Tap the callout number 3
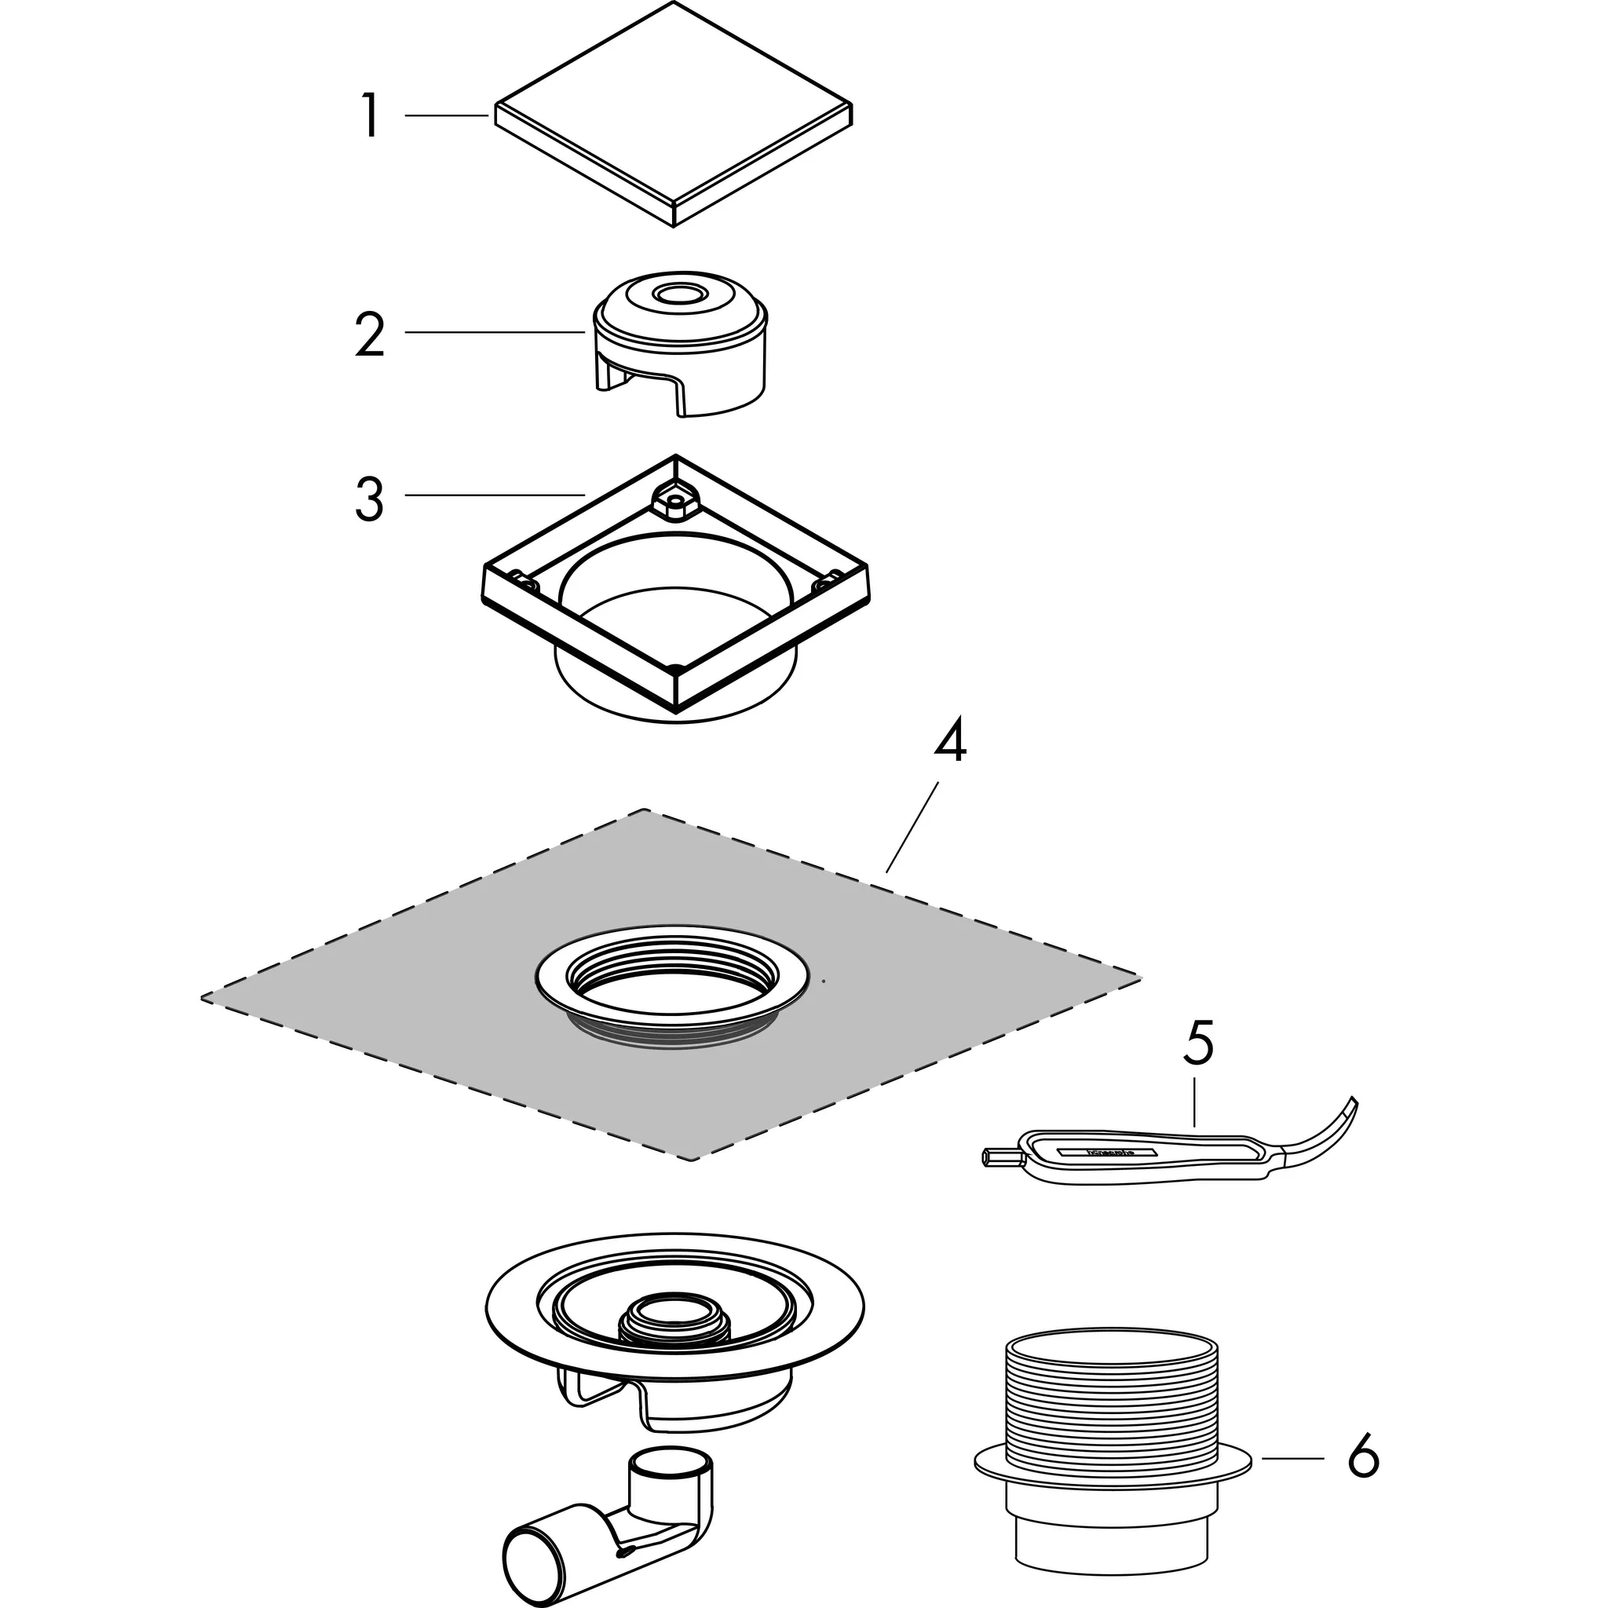(370, 498)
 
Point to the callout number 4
(950, 743)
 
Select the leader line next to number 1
(446, 115)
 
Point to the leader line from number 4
(912, 826)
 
